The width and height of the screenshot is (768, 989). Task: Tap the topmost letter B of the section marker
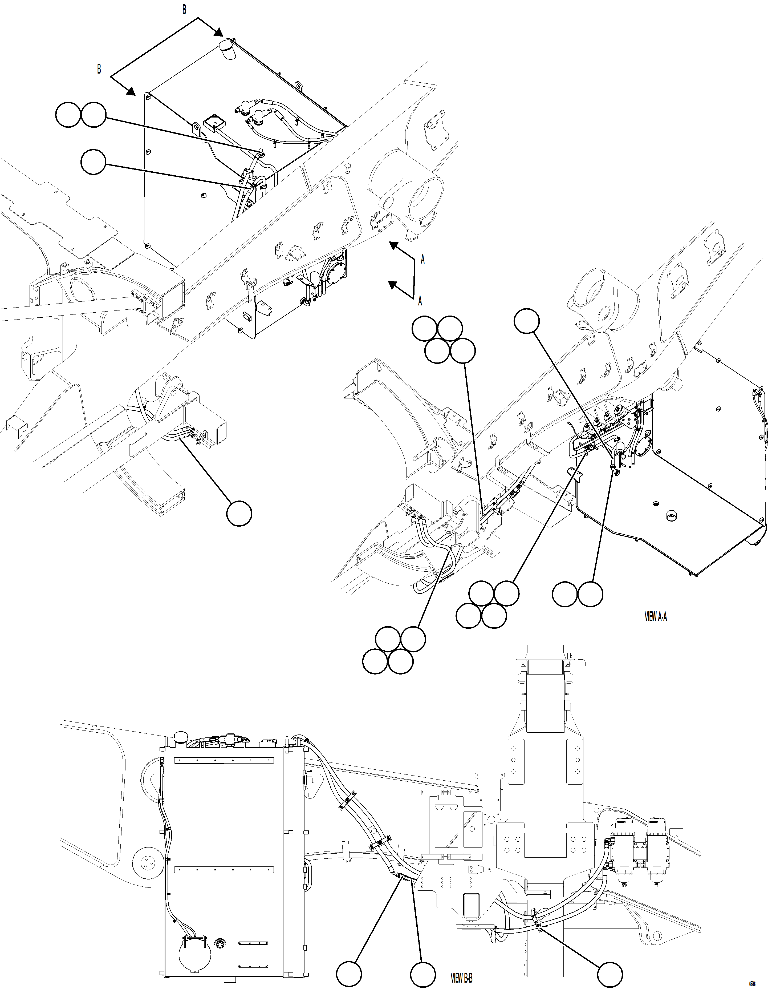point(184,10)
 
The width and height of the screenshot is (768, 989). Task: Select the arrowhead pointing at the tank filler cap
point(219,32)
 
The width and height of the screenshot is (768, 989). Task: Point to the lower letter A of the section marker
point(420,300)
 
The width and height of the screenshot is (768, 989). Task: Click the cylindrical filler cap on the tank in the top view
point(228,49)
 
